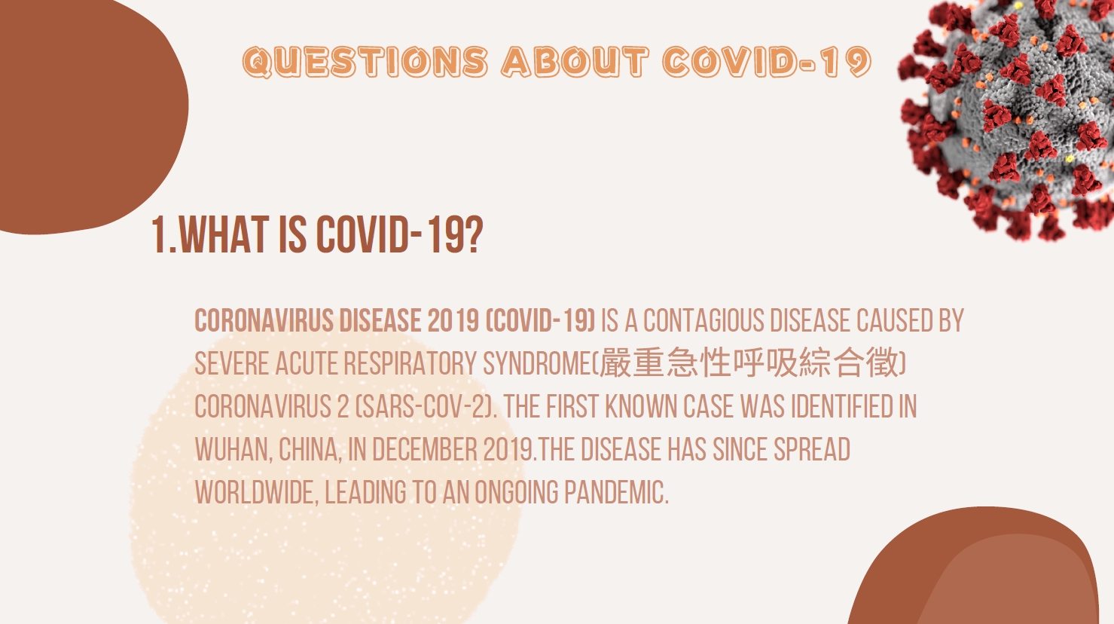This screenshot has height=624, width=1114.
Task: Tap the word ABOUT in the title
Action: click(x=575, y=63)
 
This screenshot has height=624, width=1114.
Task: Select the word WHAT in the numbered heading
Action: click(x=224, y=235)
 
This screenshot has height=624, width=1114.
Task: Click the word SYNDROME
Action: click(x=537, y=363)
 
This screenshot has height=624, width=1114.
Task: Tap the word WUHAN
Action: click(x=233, y=450)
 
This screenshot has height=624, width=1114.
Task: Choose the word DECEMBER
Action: click(x=425, y=450)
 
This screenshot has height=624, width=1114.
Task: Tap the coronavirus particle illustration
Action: click(x=1009, y=117)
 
